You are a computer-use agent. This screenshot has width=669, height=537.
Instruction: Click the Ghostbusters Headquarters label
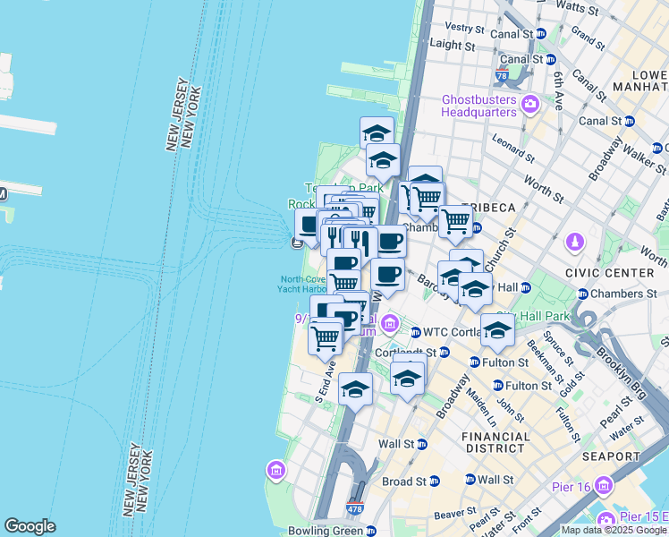click(478, 106)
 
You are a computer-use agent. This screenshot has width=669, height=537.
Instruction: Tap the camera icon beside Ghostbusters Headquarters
click(529, 106)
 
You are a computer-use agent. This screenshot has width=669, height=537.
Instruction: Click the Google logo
click(30, 526)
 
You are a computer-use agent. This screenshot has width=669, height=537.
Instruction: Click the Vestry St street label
click(463, 28)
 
